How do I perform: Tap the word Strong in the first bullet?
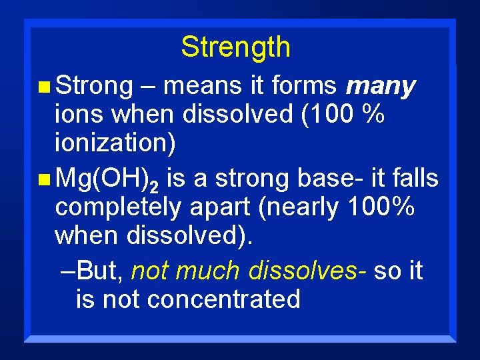pos(95,86)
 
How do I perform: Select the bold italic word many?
pos(381,87)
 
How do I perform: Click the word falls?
pos(415,178)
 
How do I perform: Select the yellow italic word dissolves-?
pos(307,271)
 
